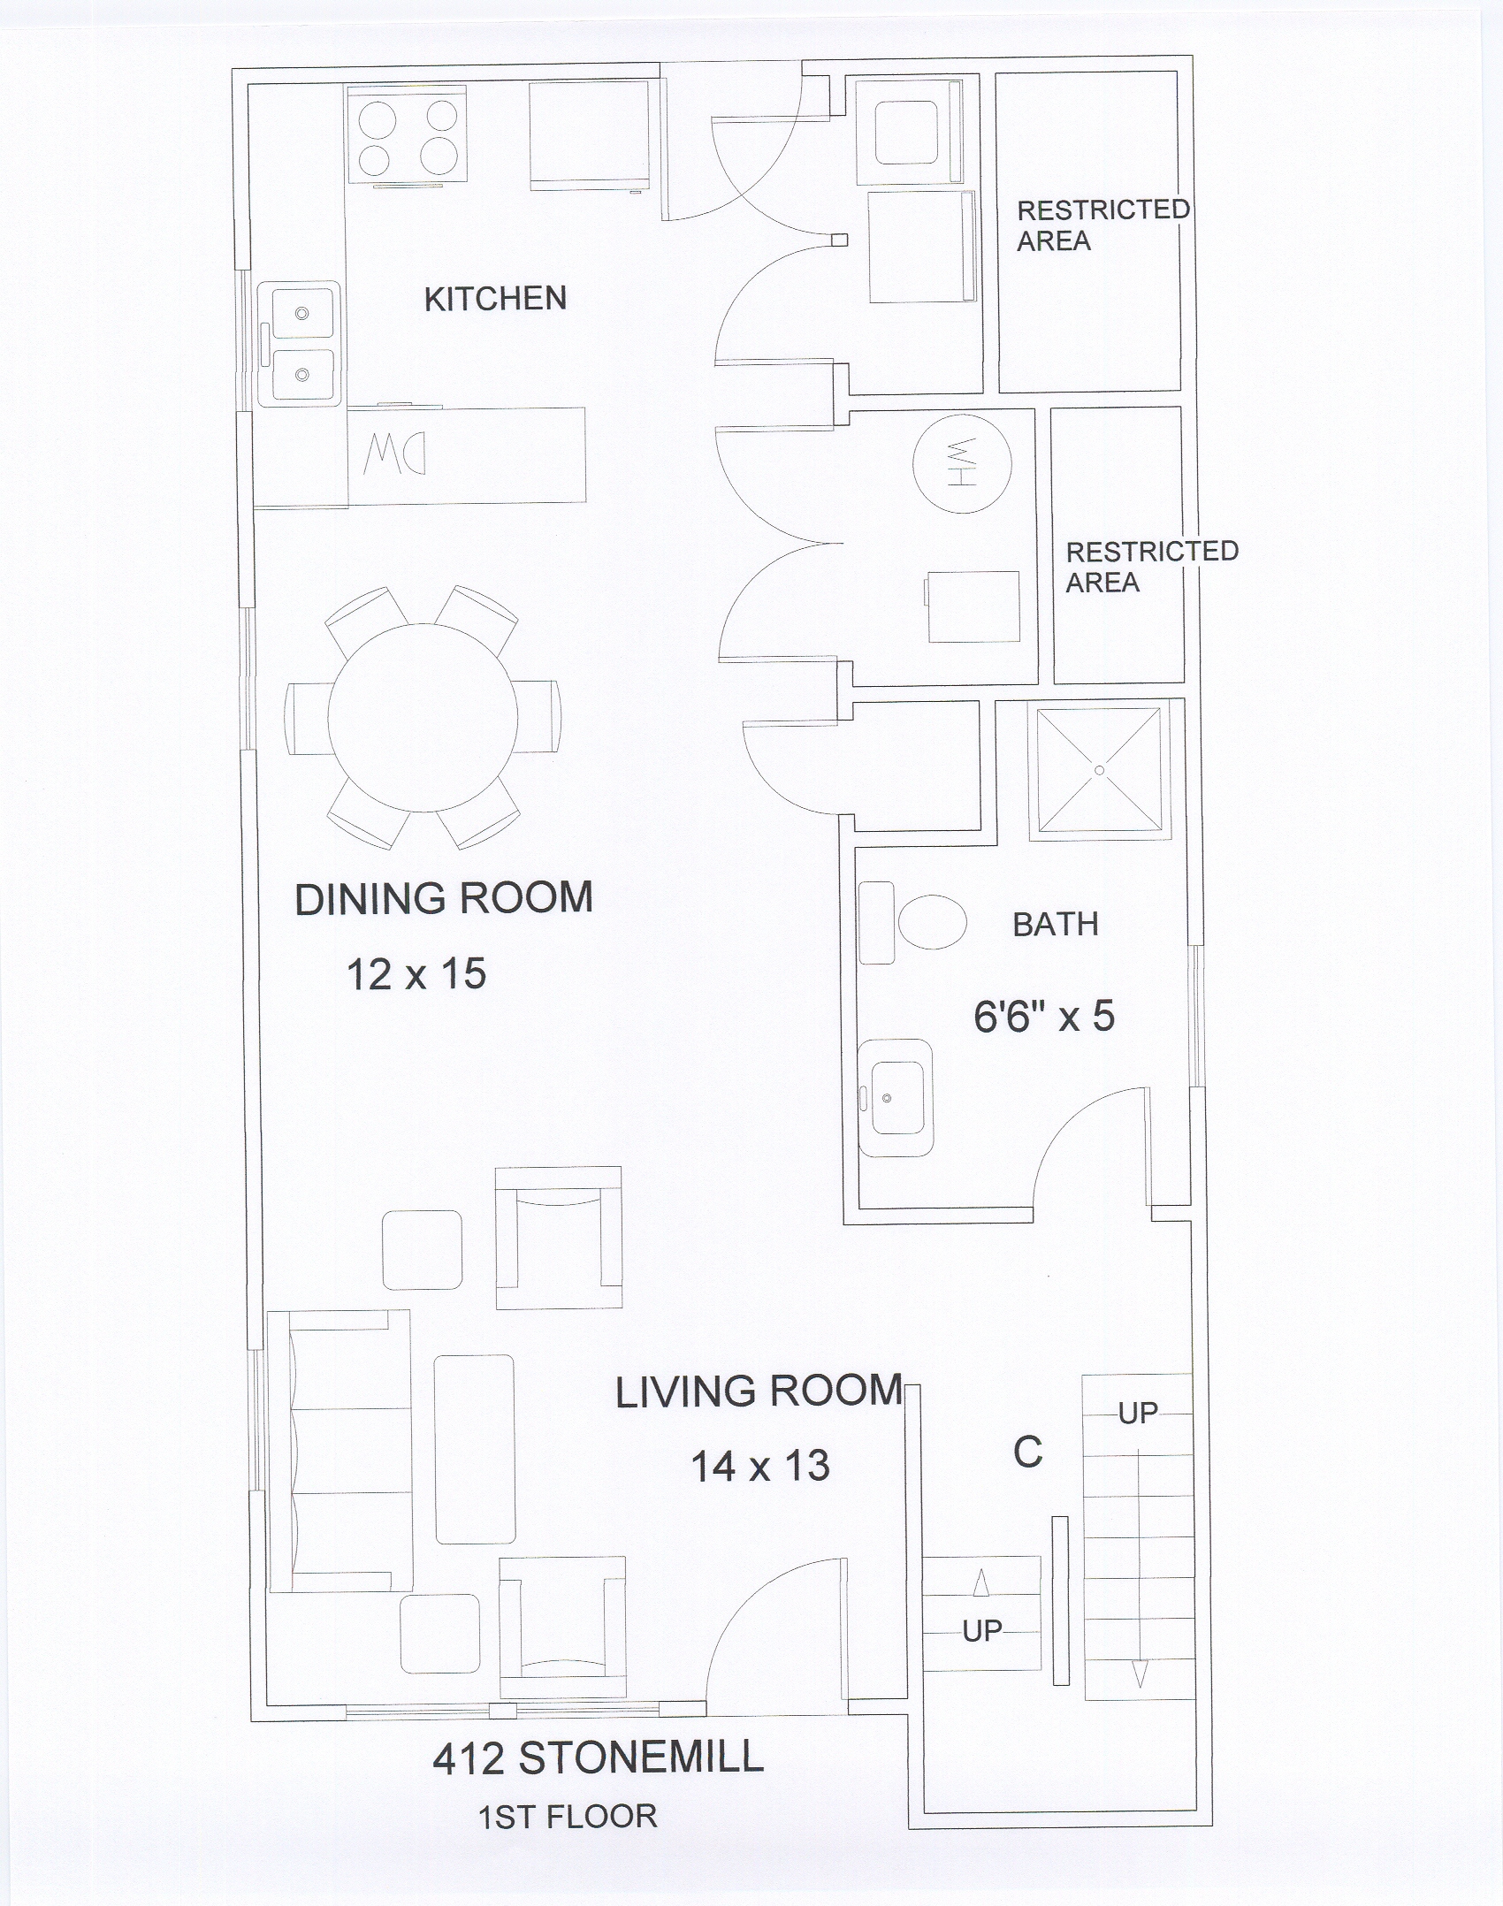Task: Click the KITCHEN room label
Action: click(495, 299)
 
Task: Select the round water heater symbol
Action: click(961, 462)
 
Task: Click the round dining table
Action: click(423, 718)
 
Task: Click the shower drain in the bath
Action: click(1099, 770)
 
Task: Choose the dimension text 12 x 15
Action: click(416, 974)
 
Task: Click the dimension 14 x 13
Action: click(760, 1467)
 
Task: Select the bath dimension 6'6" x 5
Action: click(1044, 1017)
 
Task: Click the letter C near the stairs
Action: click(1028, 1452)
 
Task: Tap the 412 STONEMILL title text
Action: click(599, 1758)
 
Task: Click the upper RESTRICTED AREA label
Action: click(1103, 225)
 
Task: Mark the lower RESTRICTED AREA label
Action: click(1152, 567)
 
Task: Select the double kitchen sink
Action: click(299, 344)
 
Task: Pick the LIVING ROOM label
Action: click(759, 1392)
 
